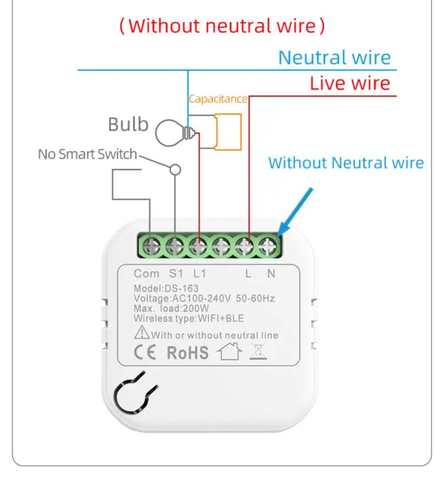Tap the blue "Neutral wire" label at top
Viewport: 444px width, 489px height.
(334, 57)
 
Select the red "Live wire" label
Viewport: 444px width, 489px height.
(350, 83)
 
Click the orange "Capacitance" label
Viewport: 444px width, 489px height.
(218, 99)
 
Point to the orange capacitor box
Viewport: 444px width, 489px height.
(228, 132)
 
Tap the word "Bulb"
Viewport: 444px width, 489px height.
(128, 124)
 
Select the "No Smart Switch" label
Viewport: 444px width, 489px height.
(87, 154)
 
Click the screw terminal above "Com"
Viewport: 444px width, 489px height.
(151, 245)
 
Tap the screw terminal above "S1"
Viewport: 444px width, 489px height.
(175, 245)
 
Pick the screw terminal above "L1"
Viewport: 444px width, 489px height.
(199, 245)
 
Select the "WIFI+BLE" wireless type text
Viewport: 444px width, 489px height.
(220, 318)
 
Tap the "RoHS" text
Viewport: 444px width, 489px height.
(188, 352)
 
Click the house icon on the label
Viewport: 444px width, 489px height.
(230, 352)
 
